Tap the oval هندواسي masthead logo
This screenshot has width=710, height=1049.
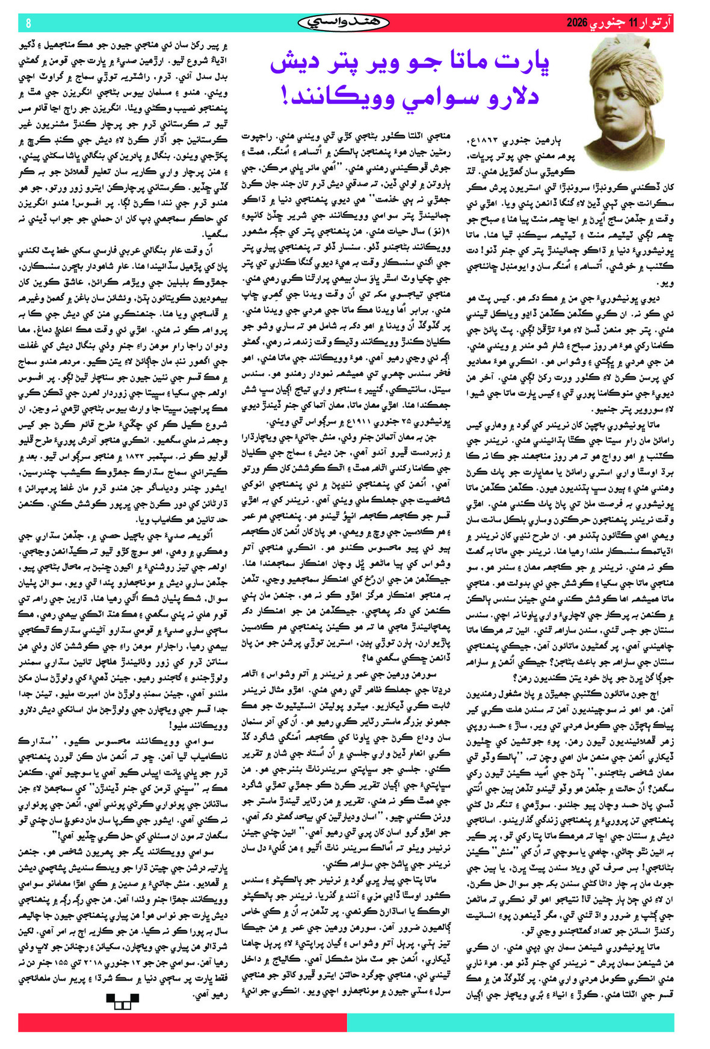pos(344,23)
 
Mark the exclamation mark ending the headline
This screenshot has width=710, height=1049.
pos(285,96)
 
